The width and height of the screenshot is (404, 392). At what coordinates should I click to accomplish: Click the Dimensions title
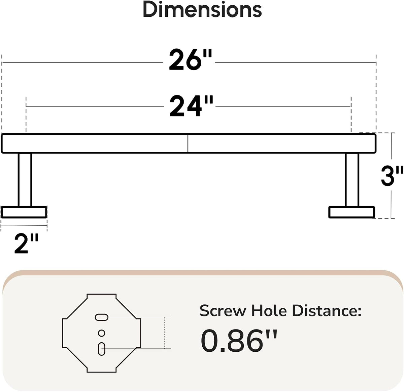pos(202,9)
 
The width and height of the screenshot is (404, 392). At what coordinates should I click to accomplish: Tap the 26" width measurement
pos(190,60)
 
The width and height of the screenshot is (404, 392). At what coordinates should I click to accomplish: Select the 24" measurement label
pos(192,106)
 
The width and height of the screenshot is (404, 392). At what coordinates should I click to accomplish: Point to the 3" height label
pos(392,176)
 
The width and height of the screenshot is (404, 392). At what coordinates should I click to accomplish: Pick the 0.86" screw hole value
pos(239,341)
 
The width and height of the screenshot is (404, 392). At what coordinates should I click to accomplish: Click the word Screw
pos(223,311)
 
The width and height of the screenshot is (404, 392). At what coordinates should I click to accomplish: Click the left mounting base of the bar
pos(24,212)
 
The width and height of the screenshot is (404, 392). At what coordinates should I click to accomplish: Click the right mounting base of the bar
pos(352,212)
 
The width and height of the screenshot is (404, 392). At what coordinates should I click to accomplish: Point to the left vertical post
pos(25,180)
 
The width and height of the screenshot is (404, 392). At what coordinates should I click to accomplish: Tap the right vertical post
pos(352,180)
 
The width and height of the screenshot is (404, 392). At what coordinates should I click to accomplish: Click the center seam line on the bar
pos(188,143)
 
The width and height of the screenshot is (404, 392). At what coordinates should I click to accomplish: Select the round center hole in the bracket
pos(101,333)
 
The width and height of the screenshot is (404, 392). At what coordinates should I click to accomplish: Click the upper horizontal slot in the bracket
pos(102,317)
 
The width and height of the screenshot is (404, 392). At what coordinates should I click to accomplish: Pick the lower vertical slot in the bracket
pos(101,349)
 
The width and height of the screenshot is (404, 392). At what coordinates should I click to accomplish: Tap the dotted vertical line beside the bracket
pos(164,333)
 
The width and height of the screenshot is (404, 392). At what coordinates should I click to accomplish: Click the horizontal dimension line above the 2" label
pos(24,225)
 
